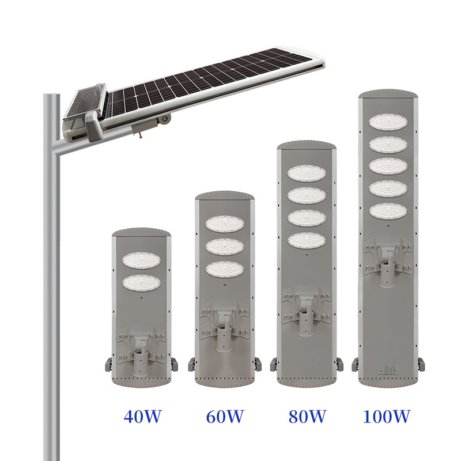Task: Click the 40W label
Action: [142, 416]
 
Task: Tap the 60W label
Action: [225, 416]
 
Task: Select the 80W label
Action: [307, 416]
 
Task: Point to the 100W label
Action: [386, 416]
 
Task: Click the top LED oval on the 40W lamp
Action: [141, 260]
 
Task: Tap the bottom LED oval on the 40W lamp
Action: [141, 283]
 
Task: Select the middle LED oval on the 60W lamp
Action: [225, 247]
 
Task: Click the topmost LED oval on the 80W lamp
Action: [307, 173]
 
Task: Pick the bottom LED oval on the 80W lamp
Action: [307, 241]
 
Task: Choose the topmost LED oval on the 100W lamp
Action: [388, 122]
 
